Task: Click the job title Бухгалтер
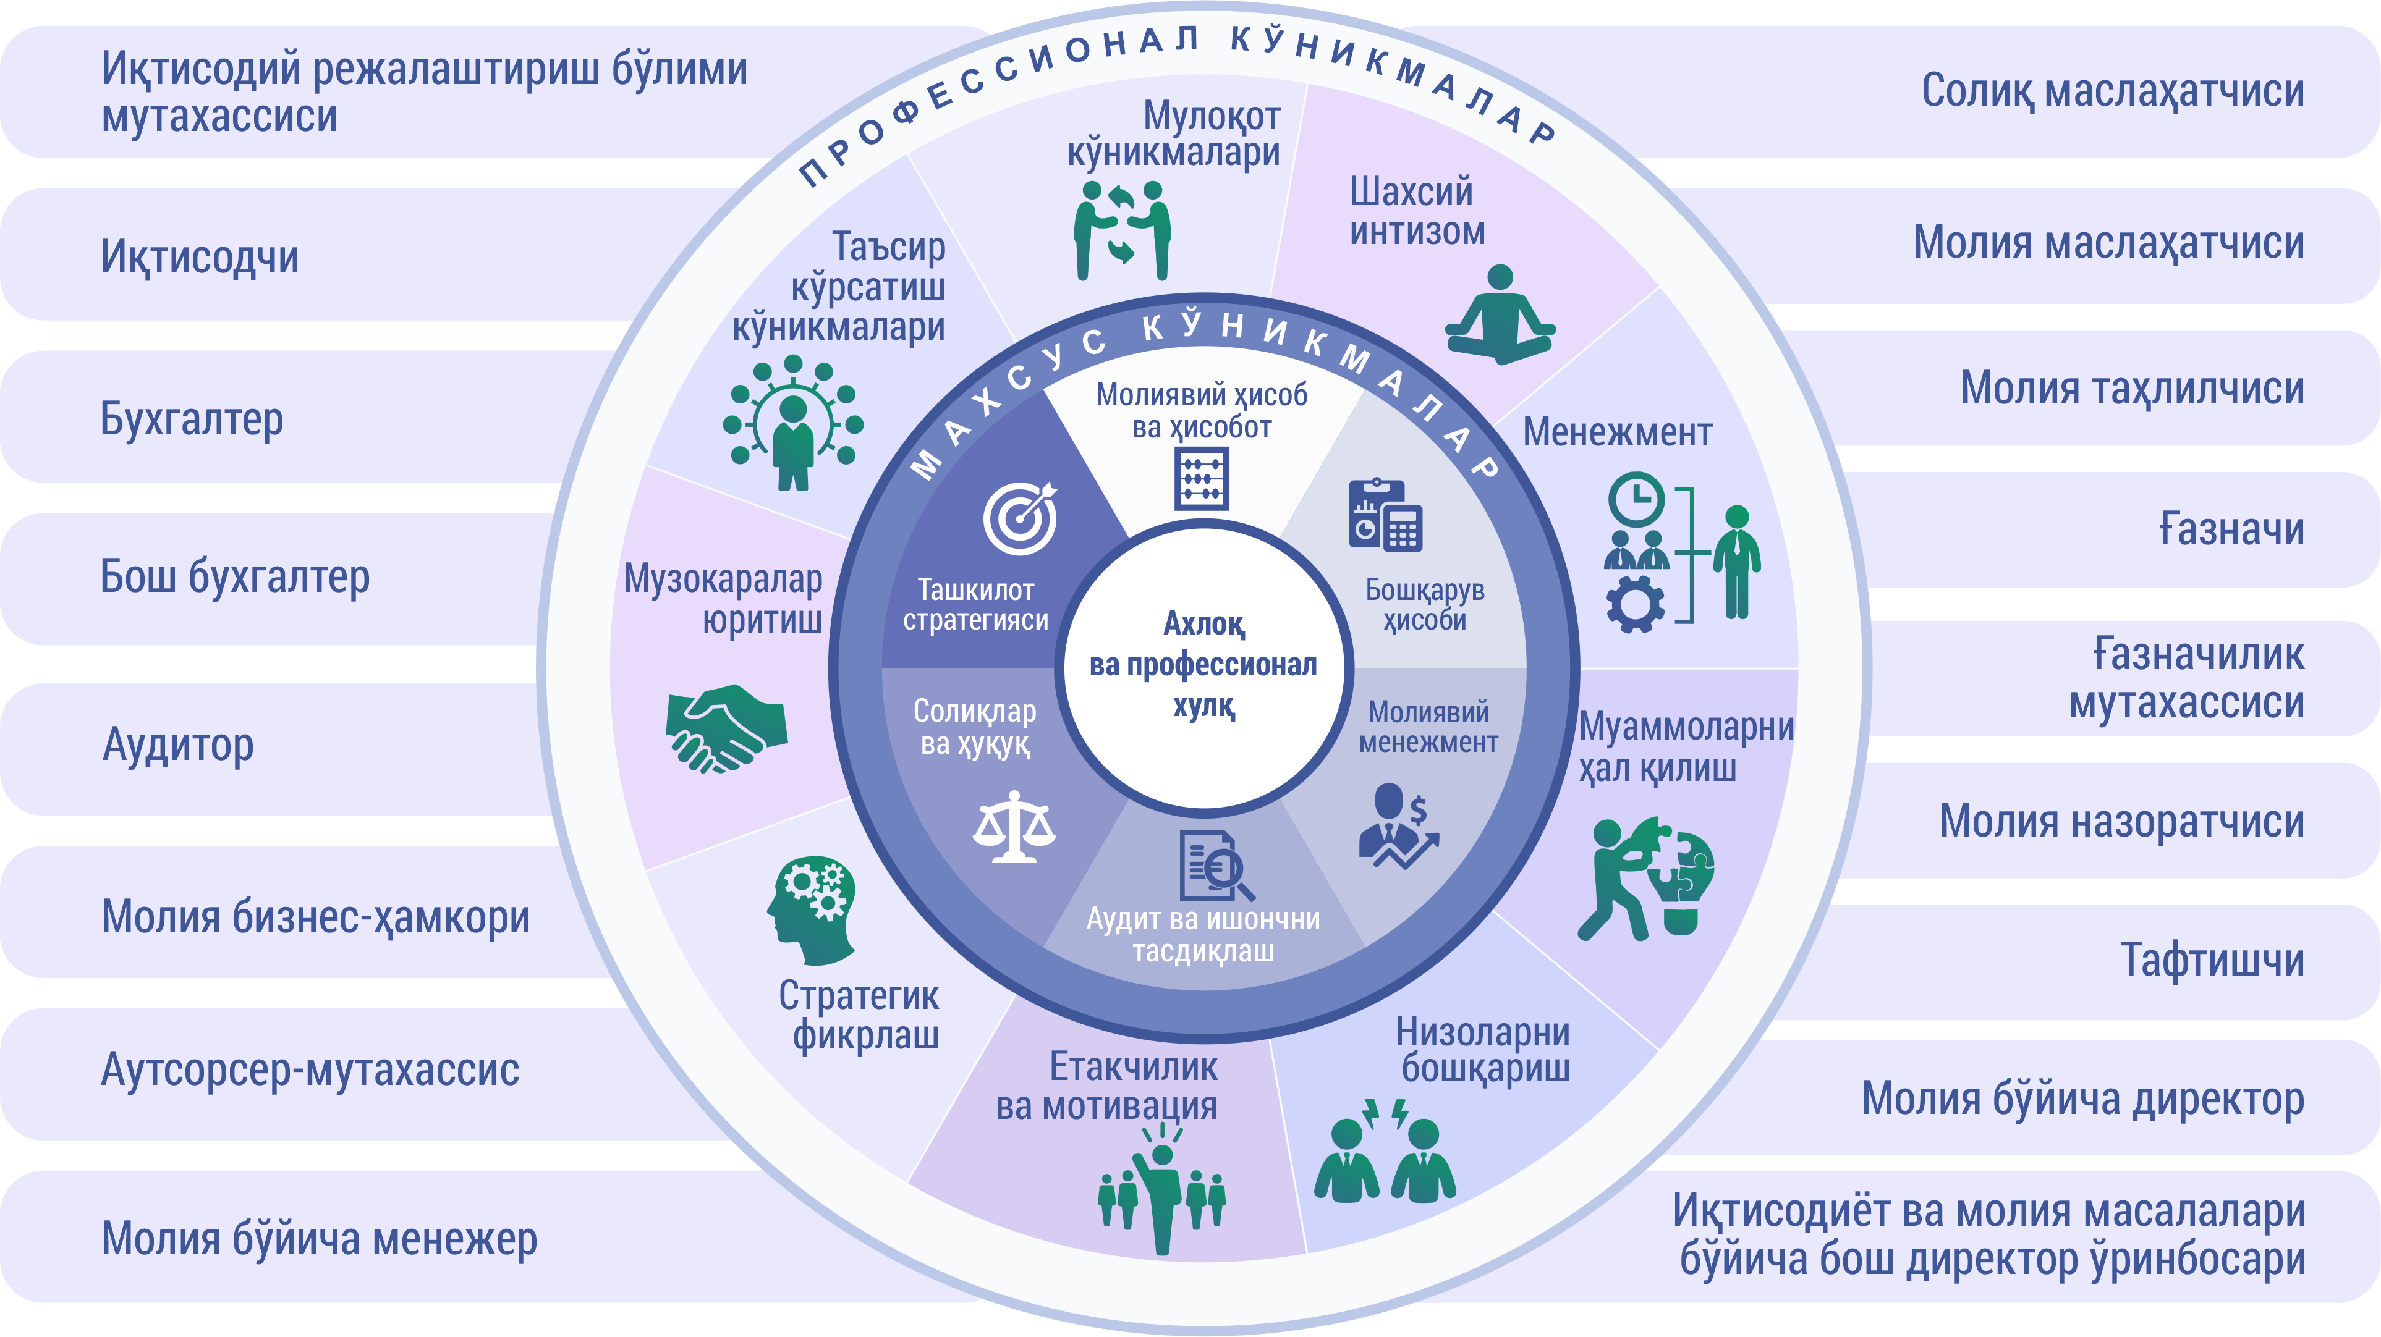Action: [x=192, y=418]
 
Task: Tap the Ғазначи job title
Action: [x=2230, y=529]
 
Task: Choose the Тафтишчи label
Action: [x=2211, y=960]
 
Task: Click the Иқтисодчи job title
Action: [x=200, y=257]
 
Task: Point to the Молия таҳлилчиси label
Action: [x=2131, y=388]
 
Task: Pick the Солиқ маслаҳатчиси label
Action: [x=2112, y=91]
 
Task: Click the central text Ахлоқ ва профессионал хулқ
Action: [x=1203, y=665]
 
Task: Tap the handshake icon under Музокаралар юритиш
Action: [x=726, y=727]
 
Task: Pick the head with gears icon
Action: [x=812, y=908]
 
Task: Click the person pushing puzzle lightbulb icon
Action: [x=1645, y=878]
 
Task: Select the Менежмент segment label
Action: [x=1616, y=432]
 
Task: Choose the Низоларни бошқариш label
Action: [x=1483, y=1050]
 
